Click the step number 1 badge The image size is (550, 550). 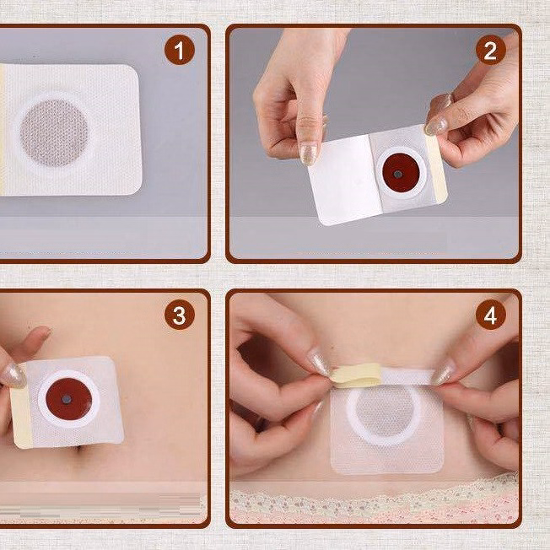[179, 50]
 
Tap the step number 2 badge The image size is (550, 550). [490, 50]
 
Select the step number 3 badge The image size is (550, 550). [179, 315]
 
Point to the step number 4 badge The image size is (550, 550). [490, 315]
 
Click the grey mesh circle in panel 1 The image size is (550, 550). [54, 133]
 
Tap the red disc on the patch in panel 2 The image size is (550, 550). [400, 173]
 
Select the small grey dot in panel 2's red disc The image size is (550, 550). [398, 174]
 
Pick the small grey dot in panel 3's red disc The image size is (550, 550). [67, 399]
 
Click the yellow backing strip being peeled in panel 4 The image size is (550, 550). [356, 375]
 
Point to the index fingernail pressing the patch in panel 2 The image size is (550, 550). [309, 154]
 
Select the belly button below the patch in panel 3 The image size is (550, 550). [81, 449]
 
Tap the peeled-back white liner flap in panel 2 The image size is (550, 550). [342, 179]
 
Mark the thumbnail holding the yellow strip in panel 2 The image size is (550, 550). [435, 127]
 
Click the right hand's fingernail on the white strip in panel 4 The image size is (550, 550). [443, 374]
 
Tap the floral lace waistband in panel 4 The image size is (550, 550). [374, 500]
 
